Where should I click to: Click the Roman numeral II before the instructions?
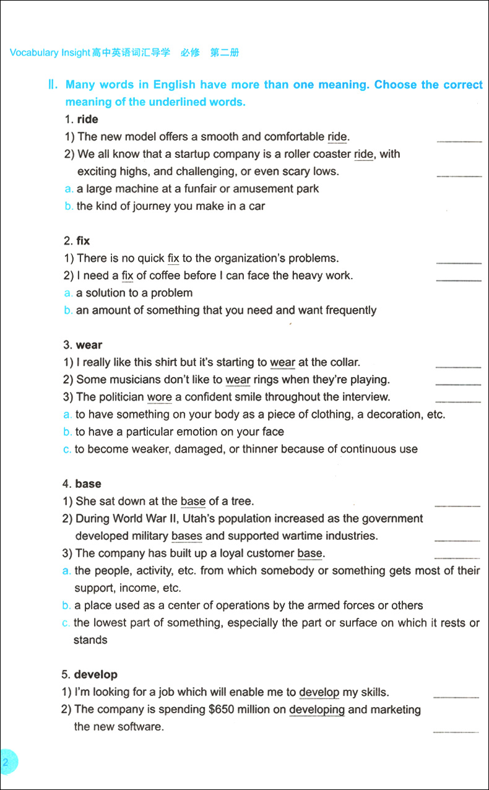53,85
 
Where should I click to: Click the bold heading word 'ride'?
87,119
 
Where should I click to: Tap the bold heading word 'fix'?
83,241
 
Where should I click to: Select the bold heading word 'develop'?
95,674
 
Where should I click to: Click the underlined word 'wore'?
159,397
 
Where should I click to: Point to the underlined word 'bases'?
186,536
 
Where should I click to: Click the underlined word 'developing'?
316,710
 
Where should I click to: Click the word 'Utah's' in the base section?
244,518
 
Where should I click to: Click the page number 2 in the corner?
6,763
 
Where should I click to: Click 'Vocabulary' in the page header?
34,53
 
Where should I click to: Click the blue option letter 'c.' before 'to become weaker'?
67,449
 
